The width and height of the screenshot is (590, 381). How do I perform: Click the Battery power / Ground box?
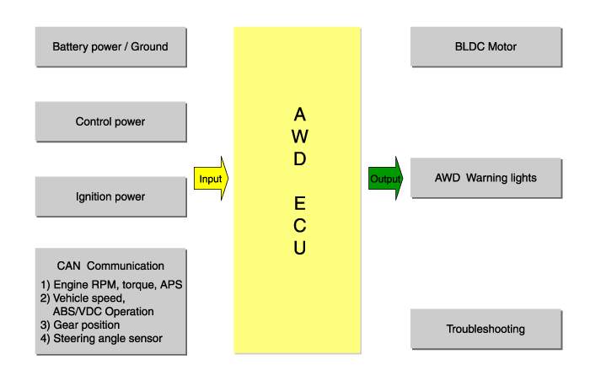[x=110, y=46]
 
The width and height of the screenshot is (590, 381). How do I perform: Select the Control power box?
[x=110, y=121]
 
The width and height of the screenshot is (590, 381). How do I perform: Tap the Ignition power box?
[x=110, y=196]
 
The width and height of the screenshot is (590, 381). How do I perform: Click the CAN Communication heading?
[x=110, y=266]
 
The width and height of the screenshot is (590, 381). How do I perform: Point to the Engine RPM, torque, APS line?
[x=111, y=285]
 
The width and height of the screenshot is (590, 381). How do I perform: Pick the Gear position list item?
[x=80, y=325]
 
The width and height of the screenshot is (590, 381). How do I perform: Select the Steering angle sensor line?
[x=101, y=339]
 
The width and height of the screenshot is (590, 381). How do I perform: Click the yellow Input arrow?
[x=212, y=179]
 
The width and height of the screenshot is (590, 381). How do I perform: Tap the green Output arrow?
[x=385, y=179]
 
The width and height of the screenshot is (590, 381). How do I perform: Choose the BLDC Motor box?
[x=485, y=46]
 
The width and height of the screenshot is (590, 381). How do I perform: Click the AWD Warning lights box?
[x=485, y=178]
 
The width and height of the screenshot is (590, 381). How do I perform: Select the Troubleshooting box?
[x=485, y=329]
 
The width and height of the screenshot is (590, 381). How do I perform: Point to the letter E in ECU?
[x=300, y=203]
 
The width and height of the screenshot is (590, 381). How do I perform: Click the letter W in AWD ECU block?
[x=300, y=136]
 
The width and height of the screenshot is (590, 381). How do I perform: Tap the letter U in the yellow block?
[x=300, y=248]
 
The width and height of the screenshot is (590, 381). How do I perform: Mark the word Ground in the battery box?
[x=148, y=46]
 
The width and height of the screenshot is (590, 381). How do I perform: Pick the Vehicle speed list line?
[x=83, y=298]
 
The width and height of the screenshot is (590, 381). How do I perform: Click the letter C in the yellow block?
[x=300, y=226]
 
